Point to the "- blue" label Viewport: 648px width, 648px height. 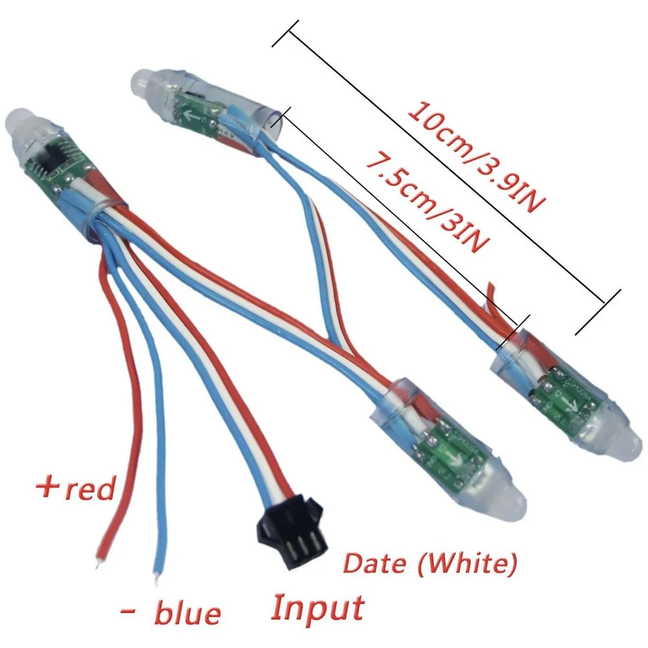click(x=170, y=611)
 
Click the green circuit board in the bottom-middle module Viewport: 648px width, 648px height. click(x=450, y=451)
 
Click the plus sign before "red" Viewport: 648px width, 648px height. click(x=49, y=487)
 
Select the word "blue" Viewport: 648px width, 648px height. click(x=189, y=611)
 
